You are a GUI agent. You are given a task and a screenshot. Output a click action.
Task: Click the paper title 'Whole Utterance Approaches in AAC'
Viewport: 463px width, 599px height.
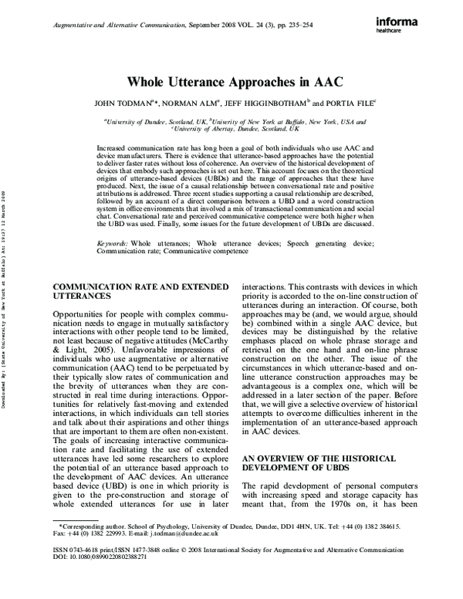click(x=231, y=83)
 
